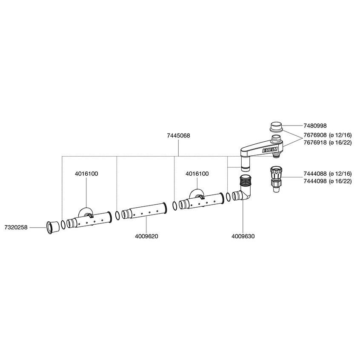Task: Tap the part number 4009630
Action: click(x=243, y=236)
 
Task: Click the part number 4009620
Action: click(x=146, y=236)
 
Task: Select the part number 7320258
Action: click(x=16, y=227)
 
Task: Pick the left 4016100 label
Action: click(x=86, y=174)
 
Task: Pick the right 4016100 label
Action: click(x=197, y=174)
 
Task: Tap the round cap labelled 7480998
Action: click(x=276, y=127)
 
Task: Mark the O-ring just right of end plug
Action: click(x=63, y=224)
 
